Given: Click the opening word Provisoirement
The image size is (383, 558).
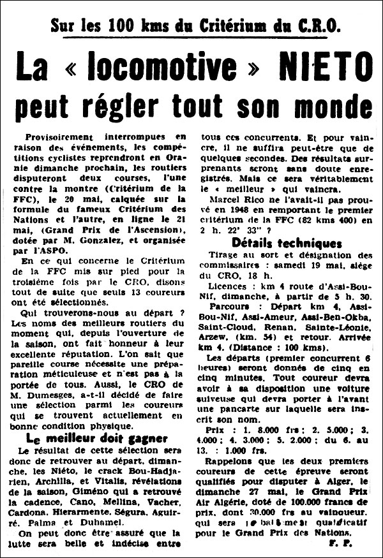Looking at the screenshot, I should point(63,138).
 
